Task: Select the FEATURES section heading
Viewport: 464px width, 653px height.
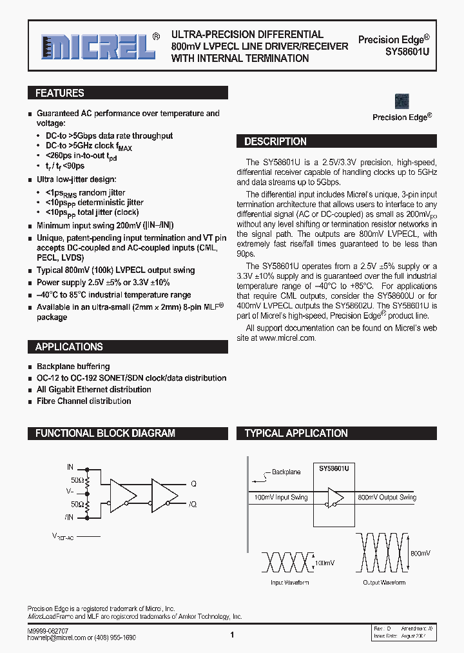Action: click(60, 93)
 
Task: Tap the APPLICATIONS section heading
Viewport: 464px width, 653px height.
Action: click(69, 347)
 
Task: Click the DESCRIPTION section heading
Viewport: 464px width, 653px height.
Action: click(275, 141)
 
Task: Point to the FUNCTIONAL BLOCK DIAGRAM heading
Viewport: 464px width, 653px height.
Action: click(105, 433)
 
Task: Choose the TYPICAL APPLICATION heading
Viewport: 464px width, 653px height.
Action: click(296, 433)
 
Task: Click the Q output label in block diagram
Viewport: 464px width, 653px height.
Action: click(193, 483)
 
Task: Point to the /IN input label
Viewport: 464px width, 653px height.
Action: click(69, 517)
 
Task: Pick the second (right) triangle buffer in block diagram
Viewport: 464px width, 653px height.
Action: click(165, 494)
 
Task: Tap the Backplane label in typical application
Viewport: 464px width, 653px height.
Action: click(285, 472)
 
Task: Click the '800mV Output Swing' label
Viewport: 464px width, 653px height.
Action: click(387, 497)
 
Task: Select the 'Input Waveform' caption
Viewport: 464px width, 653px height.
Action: click(289, 583)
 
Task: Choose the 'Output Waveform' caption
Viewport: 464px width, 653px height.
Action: click(384, 583)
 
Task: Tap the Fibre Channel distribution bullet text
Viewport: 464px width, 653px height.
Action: click(84, 401)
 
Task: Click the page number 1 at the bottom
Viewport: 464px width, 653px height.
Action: click(232, 635)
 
